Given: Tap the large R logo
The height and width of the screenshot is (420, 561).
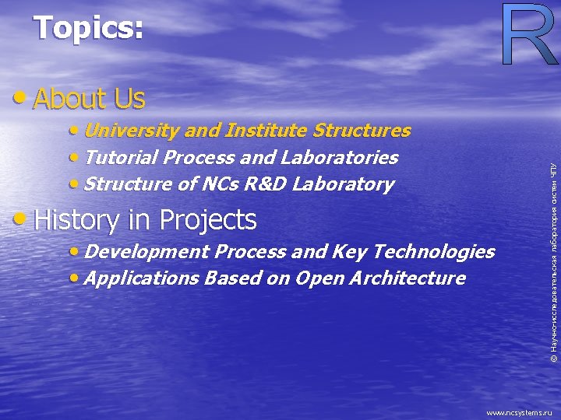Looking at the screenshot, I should [527, 35].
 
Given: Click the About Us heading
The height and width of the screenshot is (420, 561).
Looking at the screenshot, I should [89, 99].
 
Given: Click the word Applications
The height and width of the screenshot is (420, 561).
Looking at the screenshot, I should [143, 278].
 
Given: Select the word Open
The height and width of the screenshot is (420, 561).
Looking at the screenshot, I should [318, 278].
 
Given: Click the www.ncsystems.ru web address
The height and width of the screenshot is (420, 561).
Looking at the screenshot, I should [519, 413].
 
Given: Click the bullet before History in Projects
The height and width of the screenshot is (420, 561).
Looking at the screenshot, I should [23, 221].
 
